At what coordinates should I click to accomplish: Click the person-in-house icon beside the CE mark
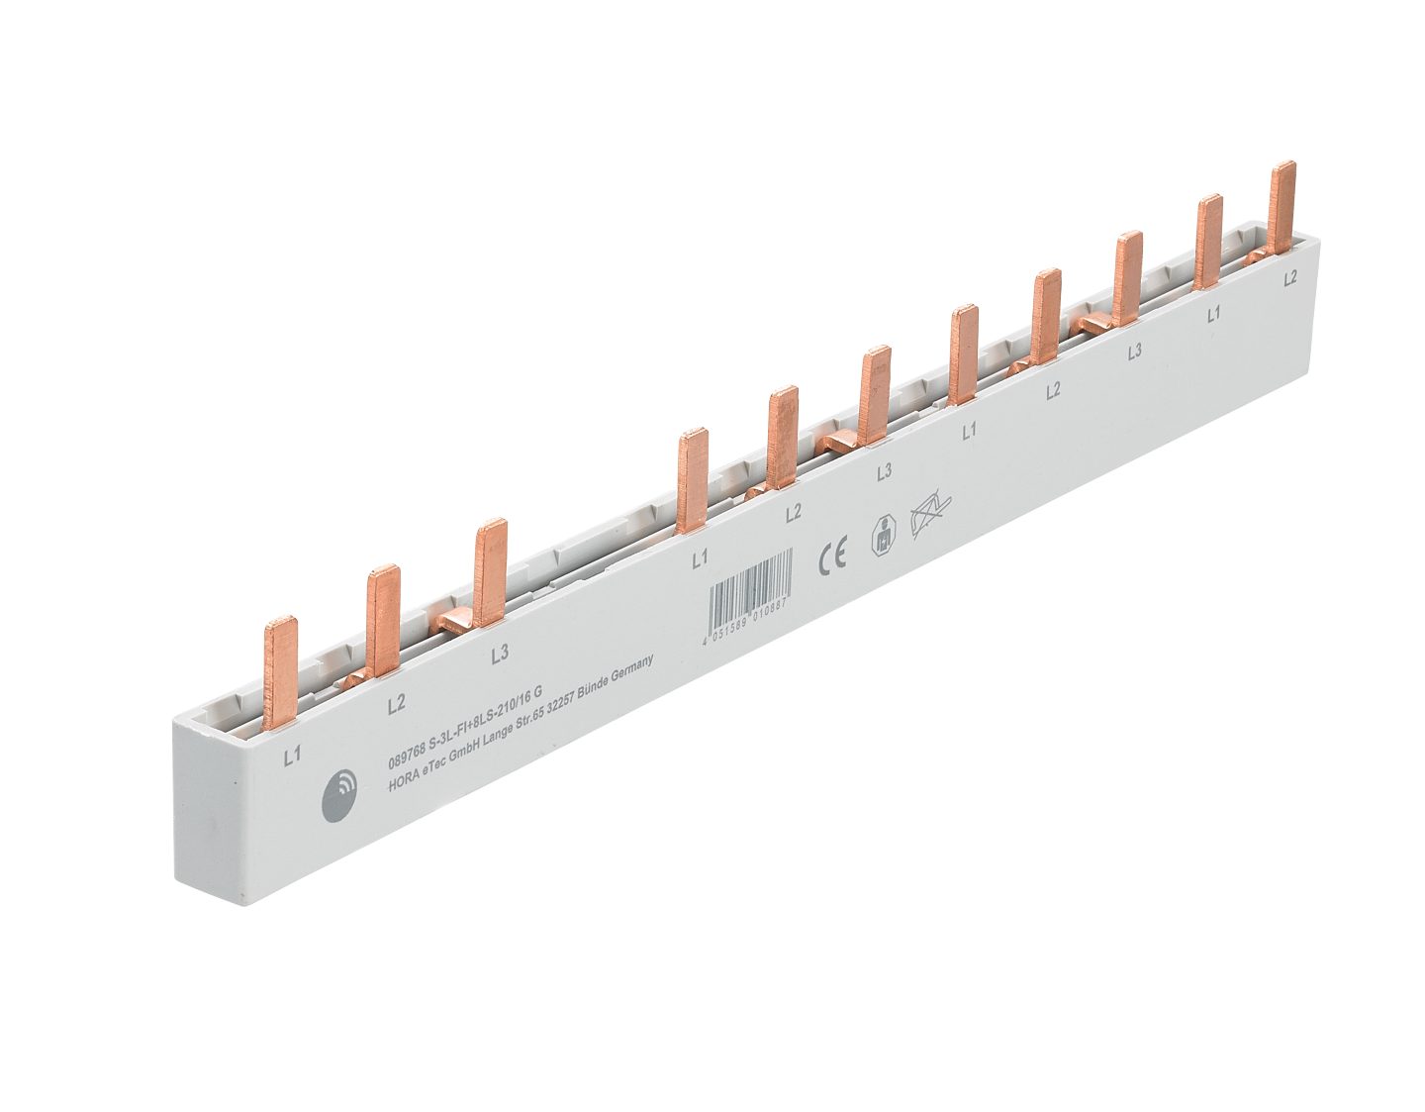[880, 536]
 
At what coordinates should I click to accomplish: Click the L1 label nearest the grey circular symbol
[292, 758]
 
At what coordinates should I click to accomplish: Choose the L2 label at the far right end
[1290, 279]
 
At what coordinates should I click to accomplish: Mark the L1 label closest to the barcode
[700, 560]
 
